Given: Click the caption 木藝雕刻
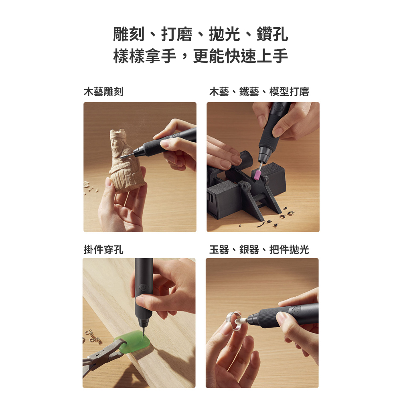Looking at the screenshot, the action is tap(103, 91).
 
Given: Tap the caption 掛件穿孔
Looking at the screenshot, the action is tap(103, 249).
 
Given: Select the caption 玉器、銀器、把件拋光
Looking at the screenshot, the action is tap(259, 249).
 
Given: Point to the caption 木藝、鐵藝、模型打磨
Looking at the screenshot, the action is tap(259, 91).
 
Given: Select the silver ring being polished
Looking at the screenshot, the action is tap(234, 321).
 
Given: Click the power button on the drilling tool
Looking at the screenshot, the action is tap(144, 287).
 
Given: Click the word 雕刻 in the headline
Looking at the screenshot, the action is tap(129, 34).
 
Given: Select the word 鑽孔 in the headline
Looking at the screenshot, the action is tap(272, 34).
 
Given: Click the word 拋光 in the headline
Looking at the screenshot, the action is tap(225, 34).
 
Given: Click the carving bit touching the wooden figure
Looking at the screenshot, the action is tap(127, 156).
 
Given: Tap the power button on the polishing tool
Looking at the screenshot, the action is tap(296, 310).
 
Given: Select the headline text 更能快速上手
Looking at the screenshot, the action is tap(240, 56).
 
